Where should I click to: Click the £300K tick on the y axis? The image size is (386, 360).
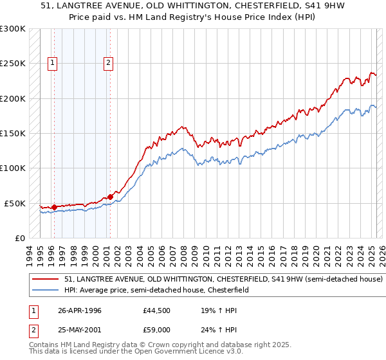coord(13,29)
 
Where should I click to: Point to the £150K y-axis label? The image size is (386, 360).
coord(13,134)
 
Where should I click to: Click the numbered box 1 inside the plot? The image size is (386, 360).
coord(52,63)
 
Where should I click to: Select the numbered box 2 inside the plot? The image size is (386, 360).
coord(108,63)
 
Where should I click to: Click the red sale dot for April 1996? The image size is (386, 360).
coord(54,207)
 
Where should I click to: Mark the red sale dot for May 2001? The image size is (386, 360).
coord(110,197)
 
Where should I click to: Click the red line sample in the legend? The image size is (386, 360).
coord(46,280)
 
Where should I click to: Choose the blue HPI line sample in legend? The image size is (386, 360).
coord(46,290)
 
